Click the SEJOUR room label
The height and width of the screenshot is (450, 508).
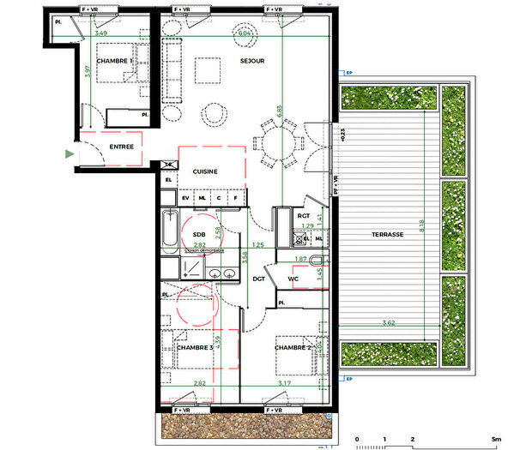click(x=252, y=61)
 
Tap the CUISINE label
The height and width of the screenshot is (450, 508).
click(x=205, y=171)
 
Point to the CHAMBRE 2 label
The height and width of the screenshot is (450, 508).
click(x=292, y=348)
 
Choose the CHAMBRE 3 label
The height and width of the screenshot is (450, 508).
click(x=194, y=348)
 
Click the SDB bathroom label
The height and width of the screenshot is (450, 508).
click(x=198, y=234)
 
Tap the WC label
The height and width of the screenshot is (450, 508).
click(x=292, y=279)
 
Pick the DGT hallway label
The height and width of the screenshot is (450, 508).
click(x=257, y=279)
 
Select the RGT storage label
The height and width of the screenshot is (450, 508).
click(x=302, y=215)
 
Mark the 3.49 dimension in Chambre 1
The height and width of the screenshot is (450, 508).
click(x=101, y=33)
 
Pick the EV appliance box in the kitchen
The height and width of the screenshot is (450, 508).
click(x=185, y=199)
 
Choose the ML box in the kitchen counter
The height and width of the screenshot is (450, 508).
click(x=202, y=199)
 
